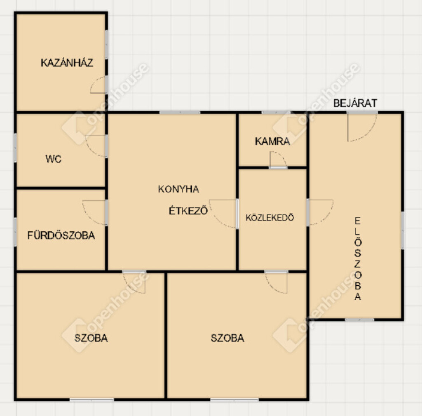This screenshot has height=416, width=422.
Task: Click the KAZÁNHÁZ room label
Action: (x=67, y=62)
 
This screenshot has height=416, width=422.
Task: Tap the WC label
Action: (x=54, y=159)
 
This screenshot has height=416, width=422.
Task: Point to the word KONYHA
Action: (x=178, y=189)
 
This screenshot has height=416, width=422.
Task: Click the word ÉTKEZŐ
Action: (x=188, y=210)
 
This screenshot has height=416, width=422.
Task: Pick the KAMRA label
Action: (x=272, y=141)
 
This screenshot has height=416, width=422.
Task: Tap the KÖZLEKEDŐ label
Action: (x=270, y=217)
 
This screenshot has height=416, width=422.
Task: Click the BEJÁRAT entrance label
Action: (x=355, y=103)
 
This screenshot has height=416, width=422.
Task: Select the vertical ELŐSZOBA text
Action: (x=357, y=259)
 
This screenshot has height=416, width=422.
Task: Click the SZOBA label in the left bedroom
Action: (x=91, y=338)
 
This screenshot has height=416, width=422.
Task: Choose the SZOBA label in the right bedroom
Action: (x=227, y=338)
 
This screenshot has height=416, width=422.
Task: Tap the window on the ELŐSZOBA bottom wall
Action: (x=359, y=320)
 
